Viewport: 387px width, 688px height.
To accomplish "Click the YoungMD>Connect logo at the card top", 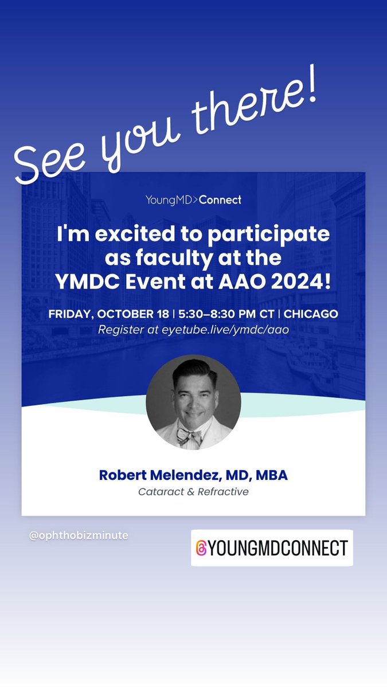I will (x=193, y=200).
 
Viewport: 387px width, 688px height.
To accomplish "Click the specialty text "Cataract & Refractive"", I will (x=193, y=492).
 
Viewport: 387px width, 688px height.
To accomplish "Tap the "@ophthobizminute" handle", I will (x=79, y=535).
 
